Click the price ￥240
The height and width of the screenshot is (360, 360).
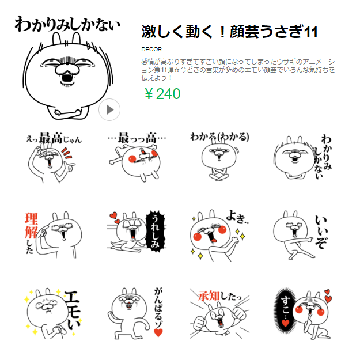(x=162, y=94)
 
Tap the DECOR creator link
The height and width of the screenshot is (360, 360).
(x=151, y=50)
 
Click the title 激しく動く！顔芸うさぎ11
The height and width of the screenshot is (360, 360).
(x=229, y=32)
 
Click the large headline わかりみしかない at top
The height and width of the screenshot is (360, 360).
(x=67, y=25)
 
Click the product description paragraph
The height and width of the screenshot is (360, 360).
(x=237, y=69)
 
